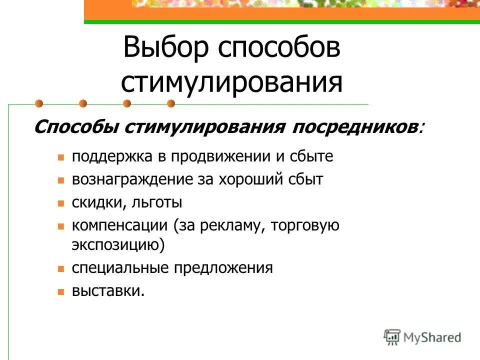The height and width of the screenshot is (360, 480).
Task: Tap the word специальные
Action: click(120, 268)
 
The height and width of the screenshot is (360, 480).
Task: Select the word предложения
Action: click(223, 268)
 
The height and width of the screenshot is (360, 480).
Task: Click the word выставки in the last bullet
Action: click(108, 291)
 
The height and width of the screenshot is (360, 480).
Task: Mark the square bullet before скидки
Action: click(61, 203)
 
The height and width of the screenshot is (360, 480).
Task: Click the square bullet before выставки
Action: click(61, 291)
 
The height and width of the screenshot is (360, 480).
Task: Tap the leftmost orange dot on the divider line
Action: click(39, 104)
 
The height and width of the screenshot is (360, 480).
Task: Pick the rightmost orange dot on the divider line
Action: click(171, 104)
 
